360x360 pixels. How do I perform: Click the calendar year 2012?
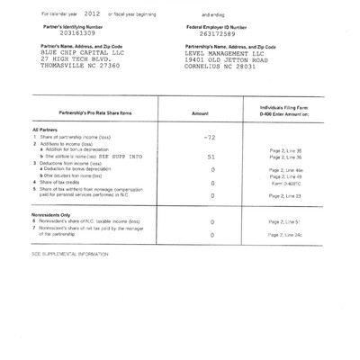pos(92,15)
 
